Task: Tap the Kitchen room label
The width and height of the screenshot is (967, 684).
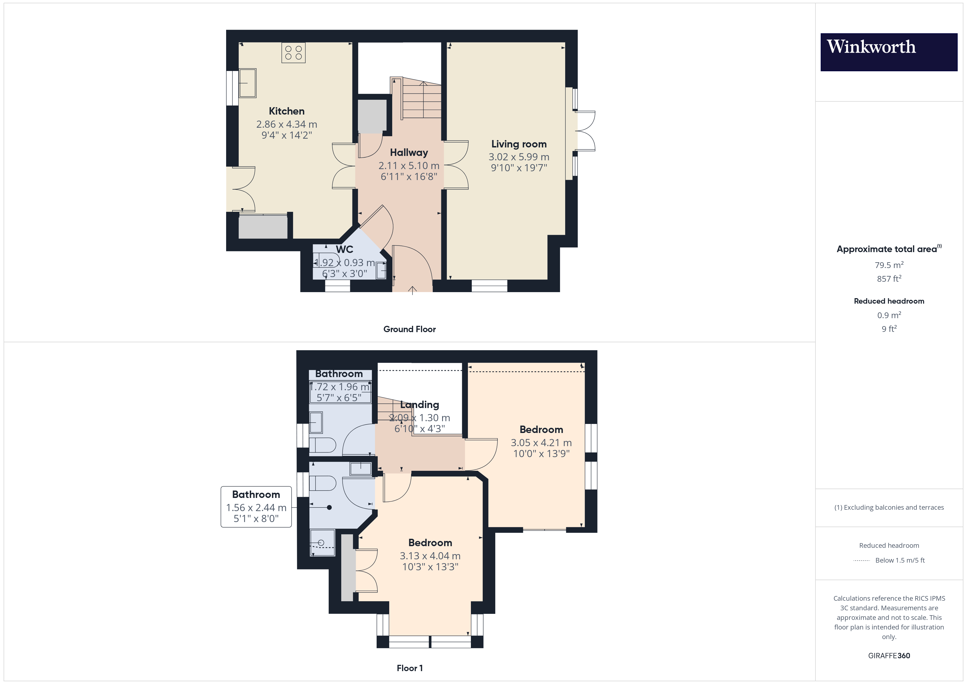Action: click(x=286, y=111)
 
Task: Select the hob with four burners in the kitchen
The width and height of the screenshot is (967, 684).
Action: click(x=294, y=53)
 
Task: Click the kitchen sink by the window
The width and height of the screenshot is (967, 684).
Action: click(x=248, y=83)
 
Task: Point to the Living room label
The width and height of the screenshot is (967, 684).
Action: click(x=519, y=144)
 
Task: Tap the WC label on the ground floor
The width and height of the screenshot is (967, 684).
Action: click(x=345, y=249)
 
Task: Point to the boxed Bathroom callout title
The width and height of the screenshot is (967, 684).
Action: click(x=256, y=494)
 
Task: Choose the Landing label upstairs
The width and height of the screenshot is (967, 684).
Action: click(x=419, y=405)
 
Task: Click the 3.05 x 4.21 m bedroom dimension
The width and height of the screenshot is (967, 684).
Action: click(x=541, y=443)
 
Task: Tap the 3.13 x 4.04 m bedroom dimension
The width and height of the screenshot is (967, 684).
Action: click(x=430, y=556)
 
